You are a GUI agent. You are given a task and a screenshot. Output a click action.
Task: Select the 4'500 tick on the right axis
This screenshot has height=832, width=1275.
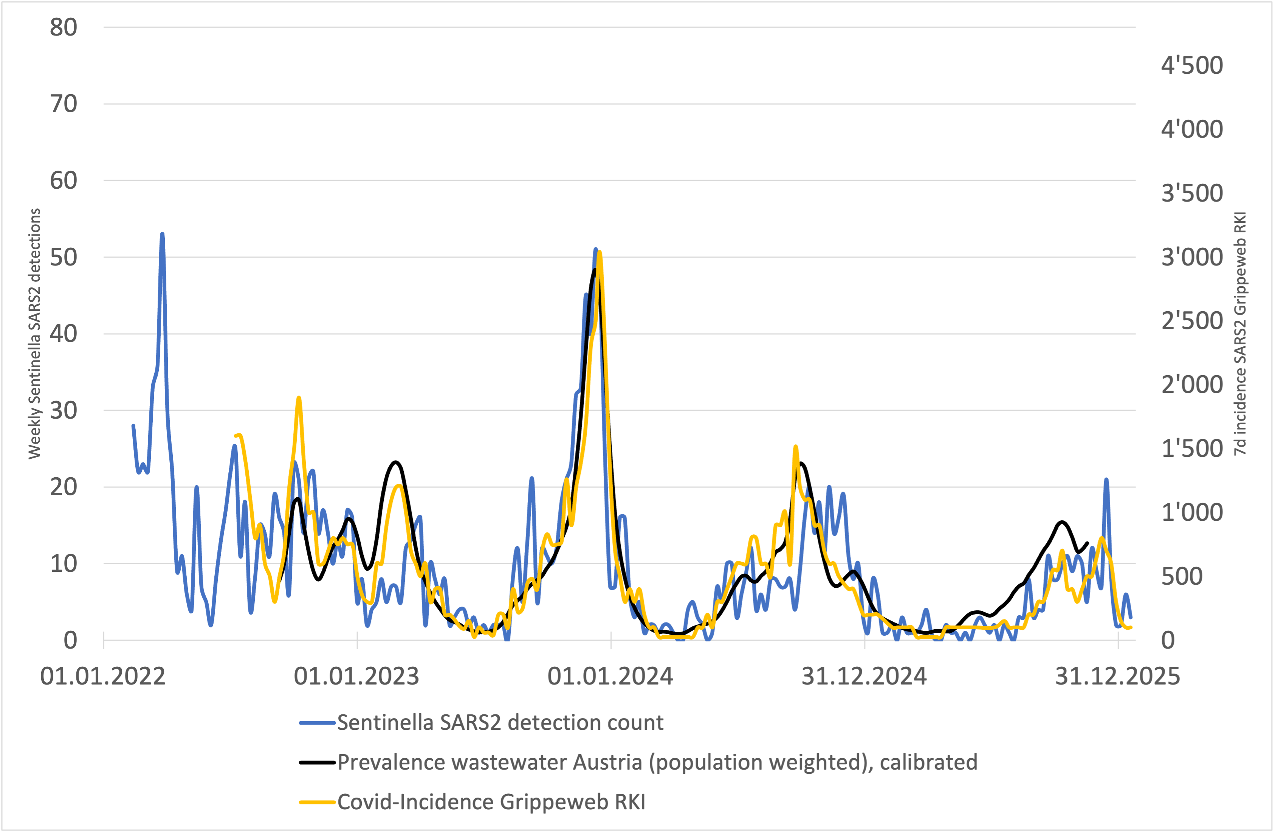pyautogui.click(x=1192, y=65)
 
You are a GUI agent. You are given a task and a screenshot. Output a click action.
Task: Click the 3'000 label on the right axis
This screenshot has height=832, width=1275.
pyautogui.click(x=1192, y=257)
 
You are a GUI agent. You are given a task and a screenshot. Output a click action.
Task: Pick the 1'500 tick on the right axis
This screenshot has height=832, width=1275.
pyautogui.click(x=1192, y=449)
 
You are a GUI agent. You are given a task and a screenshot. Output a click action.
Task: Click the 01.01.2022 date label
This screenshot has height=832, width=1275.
pyautogui.click(x=103, y=677)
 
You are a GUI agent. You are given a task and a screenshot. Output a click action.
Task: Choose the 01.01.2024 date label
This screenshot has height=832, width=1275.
pyautogui.click(x=610, y=677)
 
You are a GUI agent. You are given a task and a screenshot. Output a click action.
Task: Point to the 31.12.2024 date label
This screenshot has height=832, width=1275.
pyautogui.click(x=864, y=677)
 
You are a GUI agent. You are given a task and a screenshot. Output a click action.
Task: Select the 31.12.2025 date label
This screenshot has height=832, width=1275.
pyautogui.click(x=1117, y=677)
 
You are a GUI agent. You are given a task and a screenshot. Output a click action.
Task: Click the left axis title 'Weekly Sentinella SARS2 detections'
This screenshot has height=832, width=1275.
pyautogui.click(x=34, y=334)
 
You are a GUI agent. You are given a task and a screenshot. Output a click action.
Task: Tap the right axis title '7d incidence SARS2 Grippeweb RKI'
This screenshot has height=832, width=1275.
pyautogui.click(x=1241, y=334)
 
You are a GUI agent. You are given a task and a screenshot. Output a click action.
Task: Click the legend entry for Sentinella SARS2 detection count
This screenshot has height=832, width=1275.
pyautogui.click(x=499, y=723)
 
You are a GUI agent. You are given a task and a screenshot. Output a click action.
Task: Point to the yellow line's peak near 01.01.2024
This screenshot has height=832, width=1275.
pyautogui.click(x=600, y=251)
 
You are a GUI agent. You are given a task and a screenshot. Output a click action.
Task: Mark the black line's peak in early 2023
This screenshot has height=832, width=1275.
pyautogui.click(x=395, y=462)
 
